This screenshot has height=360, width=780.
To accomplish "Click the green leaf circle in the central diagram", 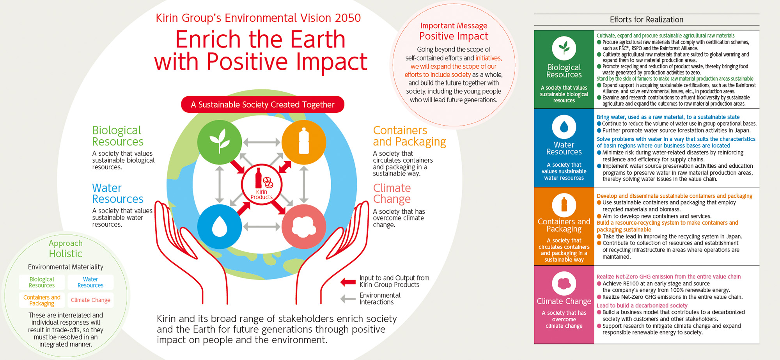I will click(220, 142).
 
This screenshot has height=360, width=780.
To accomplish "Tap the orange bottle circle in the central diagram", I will click(303, 142).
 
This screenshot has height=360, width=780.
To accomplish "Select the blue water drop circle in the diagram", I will click(220, 226).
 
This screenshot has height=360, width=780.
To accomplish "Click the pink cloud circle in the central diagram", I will click(303, 226).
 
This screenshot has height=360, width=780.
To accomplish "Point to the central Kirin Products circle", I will click(262, 184).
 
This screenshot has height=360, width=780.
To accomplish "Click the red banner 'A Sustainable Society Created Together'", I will click(262, 105).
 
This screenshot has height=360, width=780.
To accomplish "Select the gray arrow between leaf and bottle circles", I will click(262, 142).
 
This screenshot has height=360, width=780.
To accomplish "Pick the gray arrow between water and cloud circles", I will click(262, 226).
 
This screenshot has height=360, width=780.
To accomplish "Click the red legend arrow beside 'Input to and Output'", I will click(347, 282).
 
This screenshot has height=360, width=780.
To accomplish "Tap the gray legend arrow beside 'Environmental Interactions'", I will click(347, 299).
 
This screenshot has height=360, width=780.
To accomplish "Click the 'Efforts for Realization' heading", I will click(646, 20).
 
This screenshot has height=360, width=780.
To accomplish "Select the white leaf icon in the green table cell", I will click(564, 48).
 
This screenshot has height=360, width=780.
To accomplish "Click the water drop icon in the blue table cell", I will click(564, 127).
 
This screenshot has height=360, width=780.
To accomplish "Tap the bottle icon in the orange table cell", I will click(564, 205).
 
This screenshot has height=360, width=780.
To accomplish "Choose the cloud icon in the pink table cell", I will click(564, 284).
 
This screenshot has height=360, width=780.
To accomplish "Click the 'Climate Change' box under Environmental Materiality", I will click(90, 300).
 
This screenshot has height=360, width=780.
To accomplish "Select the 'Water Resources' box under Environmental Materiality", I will click(90, 282).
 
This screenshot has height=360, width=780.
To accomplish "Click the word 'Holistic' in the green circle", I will click(66, 254).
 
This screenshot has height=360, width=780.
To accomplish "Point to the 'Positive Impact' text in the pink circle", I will click(454, 36).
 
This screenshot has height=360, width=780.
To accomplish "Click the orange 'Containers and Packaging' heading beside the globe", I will click(409, 136).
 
